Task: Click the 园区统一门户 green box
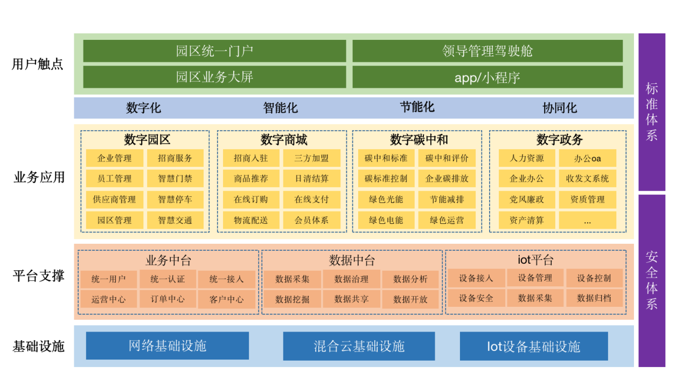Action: pos(214,51)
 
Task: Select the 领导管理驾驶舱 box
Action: pos(487,51)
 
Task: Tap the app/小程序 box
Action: pos(487,78)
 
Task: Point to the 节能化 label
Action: pos(417,107)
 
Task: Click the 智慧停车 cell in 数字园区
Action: pos(175,200)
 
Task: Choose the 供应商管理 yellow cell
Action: pos(114,200)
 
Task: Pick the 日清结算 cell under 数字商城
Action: pos(312,179)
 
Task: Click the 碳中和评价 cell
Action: pos(447,158)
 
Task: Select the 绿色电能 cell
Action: pos(386,220)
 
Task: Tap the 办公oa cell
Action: pos(588,158)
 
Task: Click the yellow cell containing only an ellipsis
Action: pos(588,220)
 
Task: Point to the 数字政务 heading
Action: pos(560,139)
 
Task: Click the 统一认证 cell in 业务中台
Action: pos(168,279)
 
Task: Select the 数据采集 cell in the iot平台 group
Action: pos(535,298)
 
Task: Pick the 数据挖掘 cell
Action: pos(292,299)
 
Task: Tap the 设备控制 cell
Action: pos(594,278)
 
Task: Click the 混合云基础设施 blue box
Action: pos(359,346)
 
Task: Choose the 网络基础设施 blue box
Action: pos(168,346)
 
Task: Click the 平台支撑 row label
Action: pos(38,276)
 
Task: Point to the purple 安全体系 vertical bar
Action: pos(652,280)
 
